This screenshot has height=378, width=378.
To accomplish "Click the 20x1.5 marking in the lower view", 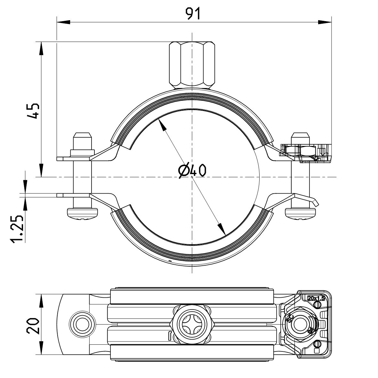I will (x=316, y=298).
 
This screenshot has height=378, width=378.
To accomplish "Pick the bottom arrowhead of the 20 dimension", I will (x=41, y=350).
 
